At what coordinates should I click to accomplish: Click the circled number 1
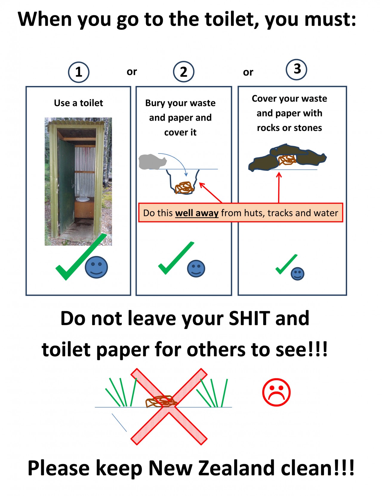(79, 72)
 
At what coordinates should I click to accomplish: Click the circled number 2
(184, 72)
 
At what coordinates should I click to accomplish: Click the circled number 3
(296, 69)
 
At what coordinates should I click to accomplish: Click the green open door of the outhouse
(66, 187)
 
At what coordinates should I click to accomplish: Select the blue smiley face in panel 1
(96, 267)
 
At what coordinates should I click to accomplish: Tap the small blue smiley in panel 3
(297, 274)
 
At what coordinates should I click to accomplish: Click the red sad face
(276, 392)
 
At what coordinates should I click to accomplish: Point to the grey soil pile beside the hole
(152, 162)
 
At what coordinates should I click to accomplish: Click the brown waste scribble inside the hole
(184, 188)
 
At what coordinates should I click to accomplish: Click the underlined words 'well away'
(197, 213)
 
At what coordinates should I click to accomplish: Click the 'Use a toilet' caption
(78, 103)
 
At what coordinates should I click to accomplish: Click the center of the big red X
(169, 406)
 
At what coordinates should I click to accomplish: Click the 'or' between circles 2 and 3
(248, 72)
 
